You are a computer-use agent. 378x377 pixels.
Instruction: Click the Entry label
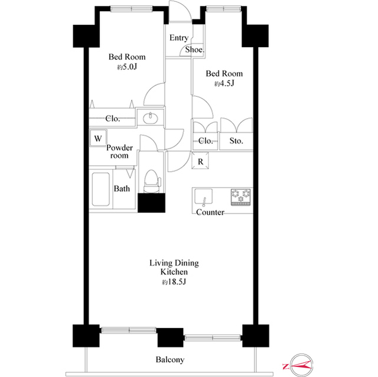pyautogui.click(x=179, y=38)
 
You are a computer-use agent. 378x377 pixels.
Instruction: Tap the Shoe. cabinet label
pyautogui.click(x=195, y=50)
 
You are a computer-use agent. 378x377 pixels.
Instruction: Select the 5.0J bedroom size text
pyautogui.click(x=127, y=67)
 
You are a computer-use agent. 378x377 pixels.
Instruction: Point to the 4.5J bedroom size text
pyautogui.click(x=224, y=84)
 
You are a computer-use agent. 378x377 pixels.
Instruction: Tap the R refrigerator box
pyautogui.click(x=201, y=161)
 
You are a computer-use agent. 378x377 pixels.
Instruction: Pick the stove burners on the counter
pyautogui.click(x=240, y=196)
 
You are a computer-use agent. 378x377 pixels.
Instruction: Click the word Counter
pyautogui.click(x=210, y=212)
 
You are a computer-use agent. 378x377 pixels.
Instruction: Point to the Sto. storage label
pyautogui.click(x=237, y=141)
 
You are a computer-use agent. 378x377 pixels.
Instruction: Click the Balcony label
pyautogui.click(x=170, y=360)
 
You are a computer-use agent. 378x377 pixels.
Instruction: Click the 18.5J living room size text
pyautogui.click(x=174, y=283)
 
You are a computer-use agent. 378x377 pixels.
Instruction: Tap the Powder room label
pyautogui.click(x=119, y=152)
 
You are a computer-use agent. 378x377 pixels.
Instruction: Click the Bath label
pyautogui.click(x=122, y=189)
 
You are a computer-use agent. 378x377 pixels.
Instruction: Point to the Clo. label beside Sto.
pyautogui.click(x=206, y=141)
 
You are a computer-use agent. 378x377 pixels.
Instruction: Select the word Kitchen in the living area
pyautogui.click(x=174, y=273)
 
